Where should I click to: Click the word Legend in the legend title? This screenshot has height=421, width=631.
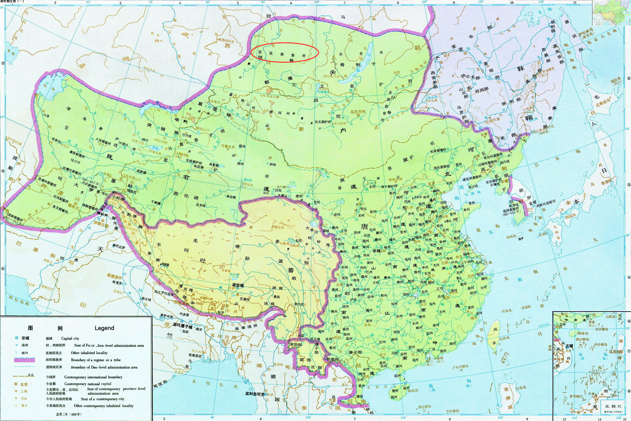pyautogui.click(x=104, y=328)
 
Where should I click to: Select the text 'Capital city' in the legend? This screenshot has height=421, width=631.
pyautogui.click(x=70, y=338)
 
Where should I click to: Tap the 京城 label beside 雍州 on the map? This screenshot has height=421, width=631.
pyautogui.click(x=376, y=251)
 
